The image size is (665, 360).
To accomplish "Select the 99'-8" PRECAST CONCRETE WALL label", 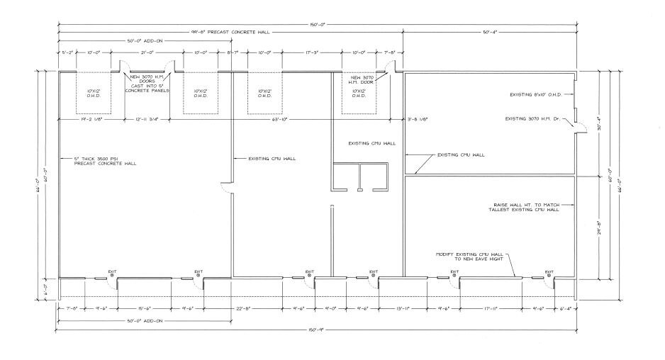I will [x=231, y=33].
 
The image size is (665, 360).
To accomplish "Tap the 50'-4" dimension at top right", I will [x=489, y=33].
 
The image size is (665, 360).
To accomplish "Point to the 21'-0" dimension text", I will [x=148, y=52].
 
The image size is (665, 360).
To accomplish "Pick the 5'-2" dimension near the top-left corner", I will [x=67, y=52].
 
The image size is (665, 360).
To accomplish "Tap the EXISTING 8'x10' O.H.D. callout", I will [x=540, y=94].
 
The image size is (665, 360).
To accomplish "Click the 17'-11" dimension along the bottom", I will [x=490, y=308].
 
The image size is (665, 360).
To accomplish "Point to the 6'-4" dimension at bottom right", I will [x=565, y=308].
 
